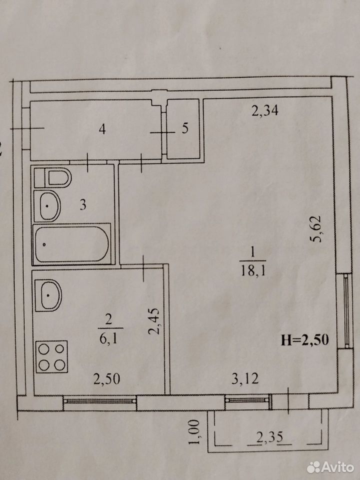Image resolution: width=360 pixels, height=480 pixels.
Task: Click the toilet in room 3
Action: click(52, 177)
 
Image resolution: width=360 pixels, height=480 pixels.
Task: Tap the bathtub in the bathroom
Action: click(71, 244)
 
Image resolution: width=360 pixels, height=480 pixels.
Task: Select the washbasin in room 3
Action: click(47, 205)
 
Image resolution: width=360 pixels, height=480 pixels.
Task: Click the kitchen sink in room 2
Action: click(48, 295)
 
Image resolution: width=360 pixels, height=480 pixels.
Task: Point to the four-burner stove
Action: click(51, 356)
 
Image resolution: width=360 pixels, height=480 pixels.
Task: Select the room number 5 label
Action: click(185, 128)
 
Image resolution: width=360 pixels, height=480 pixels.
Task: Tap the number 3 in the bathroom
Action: click(83, 205)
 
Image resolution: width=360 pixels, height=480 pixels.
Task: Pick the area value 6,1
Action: click(108, 338)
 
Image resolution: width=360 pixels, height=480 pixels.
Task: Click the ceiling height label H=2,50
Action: click(305, 340)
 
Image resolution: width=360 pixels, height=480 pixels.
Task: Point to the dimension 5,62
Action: click(315, 229)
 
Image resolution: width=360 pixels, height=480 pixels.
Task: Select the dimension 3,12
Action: click(245, 379)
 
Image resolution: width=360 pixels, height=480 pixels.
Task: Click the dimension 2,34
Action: click(265, 110)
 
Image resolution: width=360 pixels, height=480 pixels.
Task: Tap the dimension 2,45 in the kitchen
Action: click(154, 321)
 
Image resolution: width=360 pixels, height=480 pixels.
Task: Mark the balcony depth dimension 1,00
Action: click(194, 432)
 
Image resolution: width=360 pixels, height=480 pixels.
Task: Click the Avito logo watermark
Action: click(330, 467)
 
